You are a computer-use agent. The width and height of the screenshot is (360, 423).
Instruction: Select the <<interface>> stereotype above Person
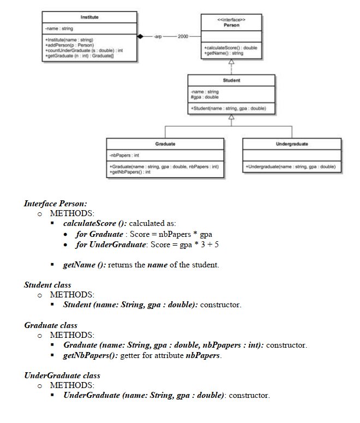(x=231, y=19)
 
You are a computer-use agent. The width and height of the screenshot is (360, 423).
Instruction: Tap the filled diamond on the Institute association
(x=142, y=36)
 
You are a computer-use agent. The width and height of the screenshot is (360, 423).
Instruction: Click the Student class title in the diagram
(x=231, y=80)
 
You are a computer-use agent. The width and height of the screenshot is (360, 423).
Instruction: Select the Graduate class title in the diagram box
(x=165, y=144)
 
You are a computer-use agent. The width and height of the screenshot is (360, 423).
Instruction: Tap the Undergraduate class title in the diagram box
(x=293, y=144)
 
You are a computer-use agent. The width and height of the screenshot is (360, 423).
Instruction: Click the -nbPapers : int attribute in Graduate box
(x=124, y=155)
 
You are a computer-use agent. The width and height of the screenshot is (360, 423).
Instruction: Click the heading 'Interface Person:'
(x=55, y=203)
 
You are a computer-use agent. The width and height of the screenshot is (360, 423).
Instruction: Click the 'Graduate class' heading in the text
(x=51, y=325)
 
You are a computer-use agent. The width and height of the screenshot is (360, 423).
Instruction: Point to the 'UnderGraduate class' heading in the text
(x=62, y=376)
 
